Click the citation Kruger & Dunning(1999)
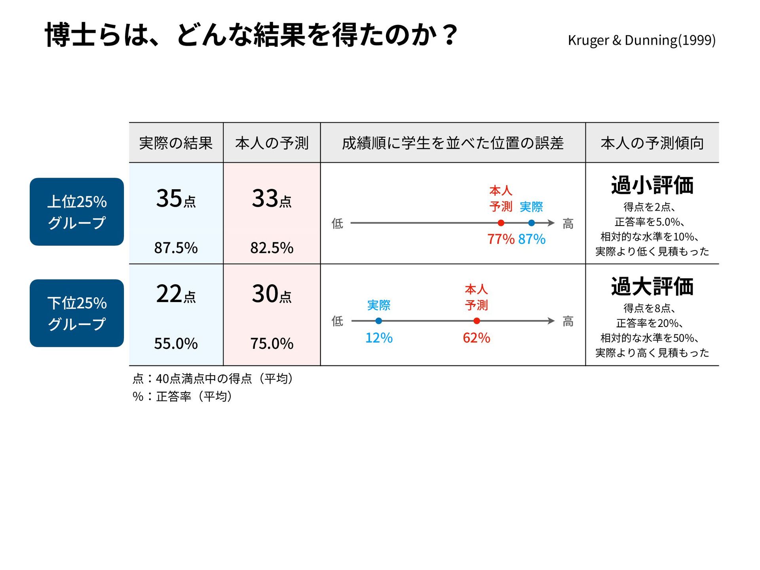point(641,40)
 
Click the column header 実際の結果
point(176,143)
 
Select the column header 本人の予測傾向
point(652,143)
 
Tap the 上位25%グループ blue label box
point(77,212)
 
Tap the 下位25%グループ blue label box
point(77,313)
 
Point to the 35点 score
point(176,199)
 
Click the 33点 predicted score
point(272,199)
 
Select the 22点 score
point(176,294)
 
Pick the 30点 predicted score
point(272,294)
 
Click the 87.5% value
point(176,248)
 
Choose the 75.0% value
point(272,344)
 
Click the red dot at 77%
point(501,223)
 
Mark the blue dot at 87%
point(532,223)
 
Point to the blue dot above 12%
point(379,321)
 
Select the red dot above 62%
point(477,321)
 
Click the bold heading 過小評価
point(652,185)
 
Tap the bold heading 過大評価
point(652,287)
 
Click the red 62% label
point(477,338)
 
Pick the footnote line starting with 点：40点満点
point(213,379)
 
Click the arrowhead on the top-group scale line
point(551,223)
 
